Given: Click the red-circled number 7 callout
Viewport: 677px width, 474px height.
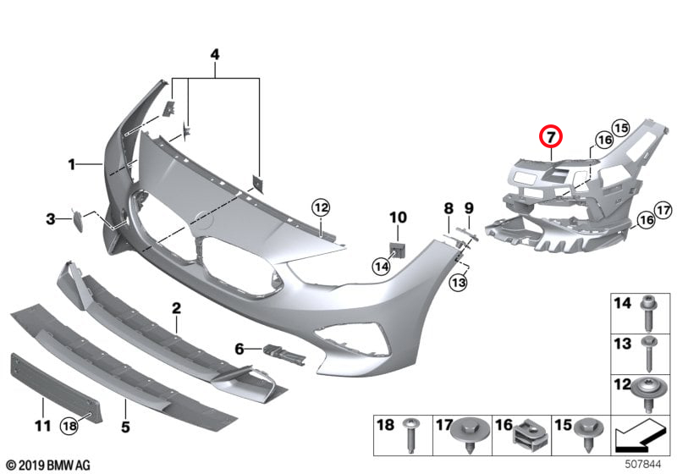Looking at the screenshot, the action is pos(551,136).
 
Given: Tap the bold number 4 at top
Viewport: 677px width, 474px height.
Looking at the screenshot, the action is pos(215,55).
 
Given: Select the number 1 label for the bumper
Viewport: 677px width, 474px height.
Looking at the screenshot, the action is pos(72,164).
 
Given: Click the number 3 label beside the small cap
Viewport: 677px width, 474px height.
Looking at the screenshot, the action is pos(51,219).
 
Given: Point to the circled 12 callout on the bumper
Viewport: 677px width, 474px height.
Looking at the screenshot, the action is pos(322,207).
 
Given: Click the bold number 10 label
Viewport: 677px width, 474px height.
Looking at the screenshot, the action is pos(398,218).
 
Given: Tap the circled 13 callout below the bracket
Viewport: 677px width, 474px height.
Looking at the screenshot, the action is pos(458,283).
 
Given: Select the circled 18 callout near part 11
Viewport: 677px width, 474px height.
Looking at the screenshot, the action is pos(70,426).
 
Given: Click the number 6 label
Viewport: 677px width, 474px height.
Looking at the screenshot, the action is pos(239,349).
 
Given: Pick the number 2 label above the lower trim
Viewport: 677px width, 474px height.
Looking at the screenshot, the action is pos(176,308).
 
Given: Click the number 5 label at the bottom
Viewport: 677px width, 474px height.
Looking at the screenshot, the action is pos(125,427).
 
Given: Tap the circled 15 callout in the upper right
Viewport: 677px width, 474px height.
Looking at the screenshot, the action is pos(620,128).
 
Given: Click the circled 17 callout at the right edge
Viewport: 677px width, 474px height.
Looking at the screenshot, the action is pos(663,210).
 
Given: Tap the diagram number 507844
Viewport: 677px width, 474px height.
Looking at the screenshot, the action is pos(643,465).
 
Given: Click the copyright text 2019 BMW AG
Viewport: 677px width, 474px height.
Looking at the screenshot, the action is pos(49,466).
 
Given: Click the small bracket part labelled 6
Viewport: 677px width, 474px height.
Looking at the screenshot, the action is pos(284,353).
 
